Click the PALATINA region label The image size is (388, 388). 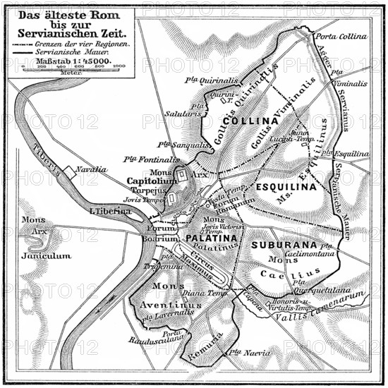(212, 238)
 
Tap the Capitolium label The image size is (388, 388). (152, 181)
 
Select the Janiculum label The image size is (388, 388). (46, 255)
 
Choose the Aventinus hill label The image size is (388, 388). (173, 305)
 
